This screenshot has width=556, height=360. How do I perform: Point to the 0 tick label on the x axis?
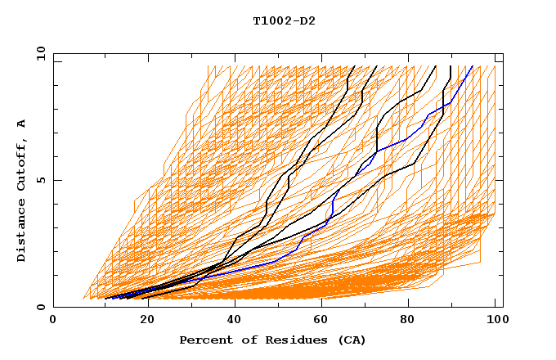(53, 320)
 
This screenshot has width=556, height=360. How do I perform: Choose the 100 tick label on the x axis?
(495, 320)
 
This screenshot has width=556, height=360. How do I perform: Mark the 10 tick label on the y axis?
(39, 53)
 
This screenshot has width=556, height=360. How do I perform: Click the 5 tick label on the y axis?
(41, 180)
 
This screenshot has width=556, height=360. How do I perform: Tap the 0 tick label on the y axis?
(41, 307)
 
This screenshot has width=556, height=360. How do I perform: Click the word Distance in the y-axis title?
(21, 232)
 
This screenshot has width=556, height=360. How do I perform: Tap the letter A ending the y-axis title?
(21, 124)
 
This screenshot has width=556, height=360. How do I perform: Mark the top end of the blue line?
(473, 66)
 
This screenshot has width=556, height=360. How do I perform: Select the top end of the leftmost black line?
(354, 66)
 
